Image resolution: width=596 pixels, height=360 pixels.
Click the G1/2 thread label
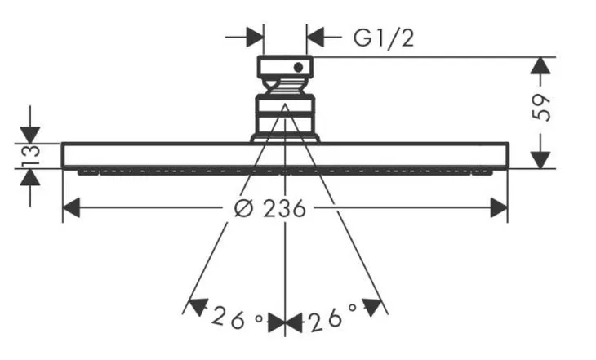pyautogui.click(x=384, y=38)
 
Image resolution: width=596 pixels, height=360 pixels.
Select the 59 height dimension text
pyautogui.click(x=540, y=109)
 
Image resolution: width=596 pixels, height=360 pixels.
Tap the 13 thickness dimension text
pyautogui.click(x=30, y=155)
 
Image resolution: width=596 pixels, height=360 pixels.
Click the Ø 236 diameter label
pyautogui.click(x=270, y=208)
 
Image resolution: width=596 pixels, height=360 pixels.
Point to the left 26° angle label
pyautogui.click(x=237, y=318)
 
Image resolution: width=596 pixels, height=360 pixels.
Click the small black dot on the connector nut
pyautogui.click(x=298, y=68)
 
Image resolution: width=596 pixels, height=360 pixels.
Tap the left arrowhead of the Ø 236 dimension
pyautogui.click(x=71, y=207)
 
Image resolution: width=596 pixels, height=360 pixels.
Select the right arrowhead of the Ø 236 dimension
pyautogui.click(x=499, y=207)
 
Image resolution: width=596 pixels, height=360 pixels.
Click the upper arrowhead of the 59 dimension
pyautogui.click(x=540, y=66)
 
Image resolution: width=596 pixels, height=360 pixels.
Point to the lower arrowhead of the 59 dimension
pyautogui.click(x=540, y=160)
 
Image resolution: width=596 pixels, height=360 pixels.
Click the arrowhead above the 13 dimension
pyautogui.click(x=30, y=136)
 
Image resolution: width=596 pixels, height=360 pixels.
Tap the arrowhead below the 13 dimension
pyautogui.click(x=30, y=177)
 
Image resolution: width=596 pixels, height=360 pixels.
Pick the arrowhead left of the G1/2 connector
pyautogui.click(x=255, y=38)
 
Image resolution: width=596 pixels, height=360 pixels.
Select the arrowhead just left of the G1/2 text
pyautogui.click(x=315, y=38)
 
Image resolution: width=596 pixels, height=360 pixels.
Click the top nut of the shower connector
pyautogui.click(x=285, y=67)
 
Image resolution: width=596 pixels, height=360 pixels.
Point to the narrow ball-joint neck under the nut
pyautogui.click(x=285, y=87)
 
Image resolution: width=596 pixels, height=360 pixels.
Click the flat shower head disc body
pyautogui.click(x=285, y=155)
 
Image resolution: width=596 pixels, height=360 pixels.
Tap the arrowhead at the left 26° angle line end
pyautogui.click(x=198, y=307)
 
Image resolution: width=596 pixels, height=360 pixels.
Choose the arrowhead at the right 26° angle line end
pyautogui.click(x=371, y=307)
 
